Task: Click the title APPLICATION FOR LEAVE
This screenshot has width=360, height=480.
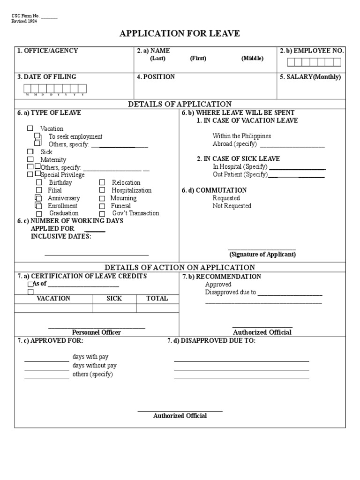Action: click(x=180, y=33)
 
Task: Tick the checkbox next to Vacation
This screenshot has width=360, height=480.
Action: click(x=30, y=128)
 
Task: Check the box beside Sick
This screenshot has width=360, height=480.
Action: click(x=30, y=151)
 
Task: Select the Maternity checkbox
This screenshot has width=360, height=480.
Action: click(x=30, y=159)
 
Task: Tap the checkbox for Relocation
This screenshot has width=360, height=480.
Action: click(x=102, y=182)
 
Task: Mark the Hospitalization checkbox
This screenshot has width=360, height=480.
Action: click(x=102, y=190)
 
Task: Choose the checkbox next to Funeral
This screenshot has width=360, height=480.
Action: click(x=102, y=206)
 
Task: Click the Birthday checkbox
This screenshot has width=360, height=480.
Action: click(x=39, y=182)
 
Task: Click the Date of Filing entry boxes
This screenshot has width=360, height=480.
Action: click(x=55, y=89)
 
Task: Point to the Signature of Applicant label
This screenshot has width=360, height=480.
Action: click(x=262, y=255)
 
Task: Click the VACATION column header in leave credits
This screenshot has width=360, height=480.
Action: click(x=53, y=298)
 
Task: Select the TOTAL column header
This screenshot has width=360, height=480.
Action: click(x=157, y=298)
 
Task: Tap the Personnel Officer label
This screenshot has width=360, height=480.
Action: click(x=97, y=332)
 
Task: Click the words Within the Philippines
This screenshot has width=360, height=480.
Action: click(x=241, y=136)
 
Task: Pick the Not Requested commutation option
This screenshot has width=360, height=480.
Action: click(x=232, y=206)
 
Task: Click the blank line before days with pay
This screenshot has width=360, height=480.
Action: click(x=46, y=361)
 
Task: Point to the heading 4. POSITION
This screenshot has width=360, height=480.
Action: click(x=156, y=77)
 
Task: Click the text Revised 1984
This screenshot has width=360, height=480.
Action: click(x=24, y=22)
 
